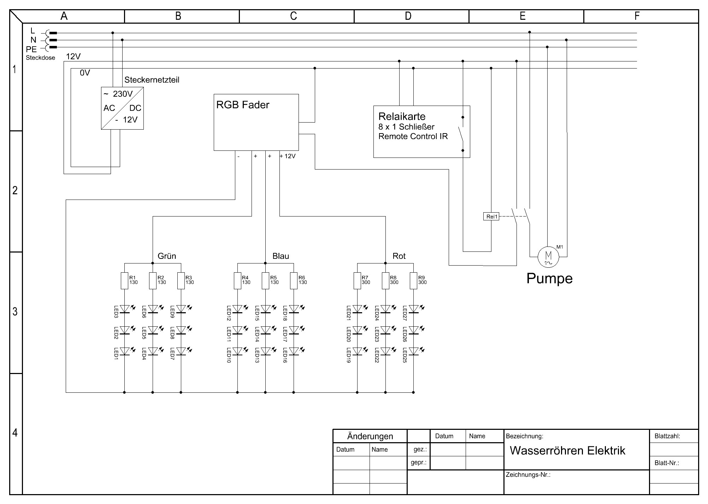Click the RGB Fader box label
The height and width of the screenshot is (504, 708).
243,105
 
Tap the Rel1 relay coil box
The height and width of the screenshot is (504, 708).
491,217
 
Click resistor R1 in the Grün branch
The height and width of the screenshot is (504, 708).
124,280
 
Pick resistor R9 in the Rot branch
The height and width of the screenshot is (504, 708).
413,280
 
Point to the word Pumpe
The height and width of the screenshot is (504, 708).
549,278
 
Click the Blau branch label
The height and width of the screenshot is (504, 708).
281,256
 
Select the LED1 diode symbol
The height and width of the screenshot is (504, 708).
124,351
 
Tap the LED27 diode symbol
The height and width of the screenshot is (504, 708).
413,309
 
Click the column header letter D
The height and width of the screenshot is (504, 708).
408,16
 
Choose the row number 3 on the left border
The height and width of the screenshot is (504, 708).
15,312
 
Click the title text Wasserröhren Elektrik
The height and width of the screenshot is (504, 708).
567,451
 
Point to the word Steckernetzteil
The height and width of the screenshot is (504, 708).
152,80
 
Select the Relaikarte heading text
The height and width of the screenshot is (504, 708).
402,117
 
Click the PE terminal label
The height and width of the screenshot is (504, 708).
31,50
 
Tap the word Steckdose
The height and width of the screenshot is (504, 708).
40,58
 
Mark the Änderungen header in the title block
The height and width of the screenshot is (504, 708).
370,436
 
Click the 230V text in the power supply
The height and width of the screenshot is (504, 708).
123,94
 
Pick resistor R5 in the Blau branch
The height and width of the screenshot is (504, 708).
265,280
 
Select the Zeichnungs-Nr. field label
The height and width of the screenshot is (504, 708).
528,475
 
